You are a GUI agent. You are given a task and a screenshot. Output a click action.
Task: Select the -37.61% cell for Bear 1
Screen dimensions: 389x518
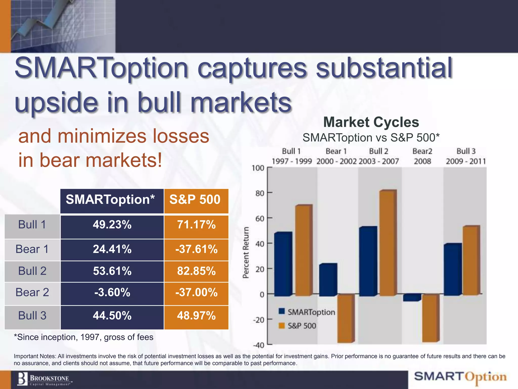click(196, 249)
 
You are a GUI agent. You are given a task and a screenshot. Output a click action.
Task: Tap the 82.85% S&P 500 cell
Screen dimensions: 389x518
click(196, 271)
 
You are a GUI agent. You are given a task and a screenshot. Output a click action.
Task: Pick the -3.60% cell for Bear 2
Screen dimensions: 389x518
click(112, 293)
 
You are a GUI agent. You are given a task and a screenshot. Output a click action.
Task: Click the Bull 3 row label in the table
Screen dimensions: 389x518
click(32, 316)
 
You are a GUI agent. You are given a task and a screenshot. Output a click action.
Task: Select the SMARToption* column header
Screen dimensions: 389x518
click(110, 200)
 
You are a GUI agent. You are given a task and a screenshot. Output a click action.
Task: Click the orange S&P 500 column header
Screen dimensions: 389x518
click(195, 200)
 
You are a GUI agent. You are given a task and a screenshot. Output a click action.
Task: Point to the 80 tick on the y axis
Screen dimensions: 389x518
click(260, 193)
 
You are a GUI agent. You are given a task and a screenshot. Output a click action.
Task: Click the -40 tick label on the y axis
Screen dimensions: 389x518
click(258, 345)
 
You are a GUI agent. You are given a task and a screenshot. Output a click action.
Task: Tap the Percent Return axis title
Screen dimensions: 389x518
click(246, 252)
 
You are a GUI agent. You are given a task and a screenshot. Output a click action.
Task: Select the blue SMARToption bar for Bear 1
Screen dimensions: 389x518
click(328, 280)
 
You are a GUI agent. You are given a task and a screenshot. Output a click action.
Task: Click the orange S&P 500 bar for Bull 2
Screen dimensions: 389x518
click(387, 243)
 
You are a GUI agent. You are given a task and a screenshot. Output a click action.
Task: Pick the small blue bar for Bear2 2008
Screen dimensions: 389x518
click(412, 298)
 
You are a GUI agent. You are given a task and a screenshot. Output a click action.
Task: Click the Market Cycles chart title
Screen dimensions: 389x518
click(371, 122)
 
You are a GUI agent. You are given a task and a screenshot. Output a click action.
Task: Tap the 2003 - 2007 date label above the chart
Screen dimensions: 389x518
click(379, 161)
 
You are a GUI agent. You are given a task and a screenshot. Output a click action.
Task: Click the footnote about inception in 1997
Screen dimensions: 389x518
click(84, 337)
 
